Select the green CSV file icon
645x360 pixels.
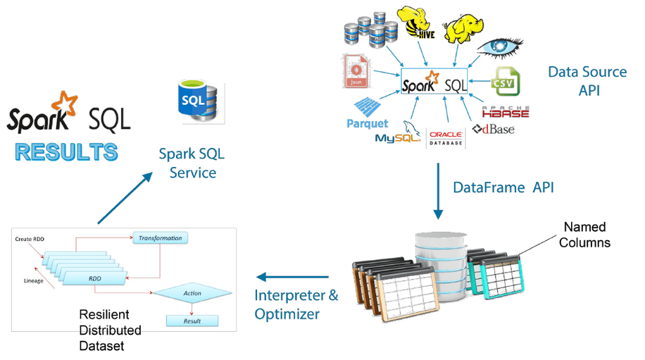(505, 82)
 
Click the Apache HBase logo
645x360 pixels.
(506, 111)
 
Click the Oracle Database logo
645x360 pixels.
(446, 137)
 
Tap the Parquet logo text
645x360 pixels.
(368, 123)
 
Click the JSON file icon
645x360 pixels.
(356, 71)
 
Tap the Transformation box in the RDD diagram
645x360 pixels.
(160, 238)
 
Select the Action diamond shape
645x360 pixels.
(192, 293)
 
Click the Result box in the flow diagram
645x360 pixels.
(192, 321)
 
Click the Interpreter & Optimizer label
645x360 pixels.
(296, 304)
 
